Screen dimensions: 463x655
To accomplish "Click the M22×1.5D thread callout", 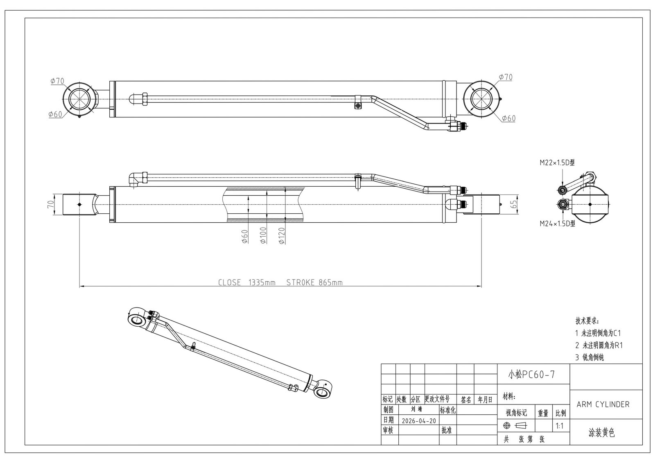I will pos(557,163).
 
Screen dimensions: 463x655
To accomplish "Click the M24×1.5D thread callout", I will pos(557,224).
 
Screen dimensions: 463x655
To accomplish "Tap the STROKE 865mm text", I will pos(314,282).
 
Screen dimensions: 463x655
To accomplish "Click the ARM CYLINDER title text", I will pos(603,404).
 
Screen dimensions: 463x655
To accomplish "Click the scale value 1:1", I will pos(560,426).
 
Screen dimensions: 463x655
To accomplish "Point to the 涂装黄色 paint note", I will pos(601,432).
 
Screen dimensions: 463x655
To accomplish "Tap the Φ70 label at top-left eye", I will pos(57,81).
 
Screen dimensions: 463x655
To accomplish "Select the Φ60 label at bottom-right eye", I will pos(508,118).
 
